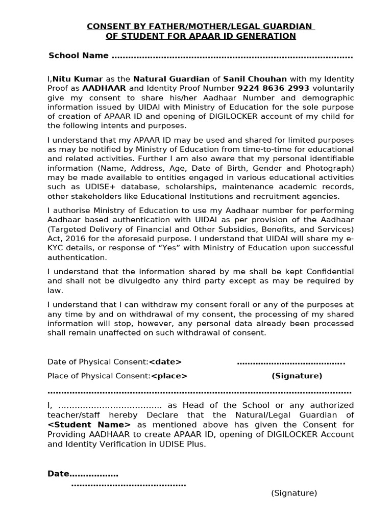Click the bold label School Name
(78, 56)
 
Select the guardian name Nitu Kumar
(78, 79)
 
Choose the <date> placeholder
(165, 362)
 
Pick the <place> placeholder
(169, 376)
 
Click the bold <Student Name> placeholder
(89, 425)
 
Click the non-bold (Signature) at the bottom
(294, 493)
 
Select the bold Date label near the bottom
(58, 474)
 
